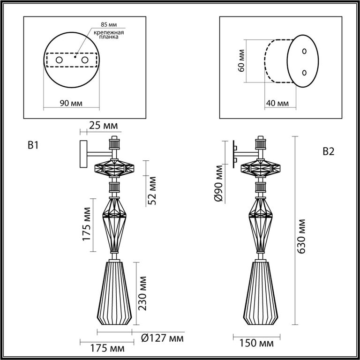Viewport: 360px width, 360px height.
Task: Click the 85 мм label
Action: (109, 24)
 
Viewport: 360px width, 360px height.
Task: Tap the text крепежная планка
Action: (109, 35)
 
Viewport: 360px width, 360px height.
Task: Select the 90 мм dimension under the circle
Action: (71, 103)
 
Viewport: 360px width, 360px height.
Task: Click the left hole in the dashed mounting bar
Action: (59, 60)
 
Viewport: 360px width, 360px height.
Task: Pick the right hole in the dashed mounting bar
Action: (85, 60)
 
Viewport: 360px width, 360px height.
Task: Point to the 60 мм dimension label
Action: (241, 60)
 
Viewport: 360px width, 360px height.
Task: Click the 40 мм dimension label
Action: (277, 103)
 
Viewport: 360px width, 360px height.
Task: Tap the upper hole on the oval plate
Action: (304, 51)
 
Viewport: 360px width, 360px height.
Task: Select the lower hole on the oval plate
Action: (304, 73)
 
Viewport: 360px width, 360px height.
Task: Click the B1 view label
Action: (33, 145)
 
